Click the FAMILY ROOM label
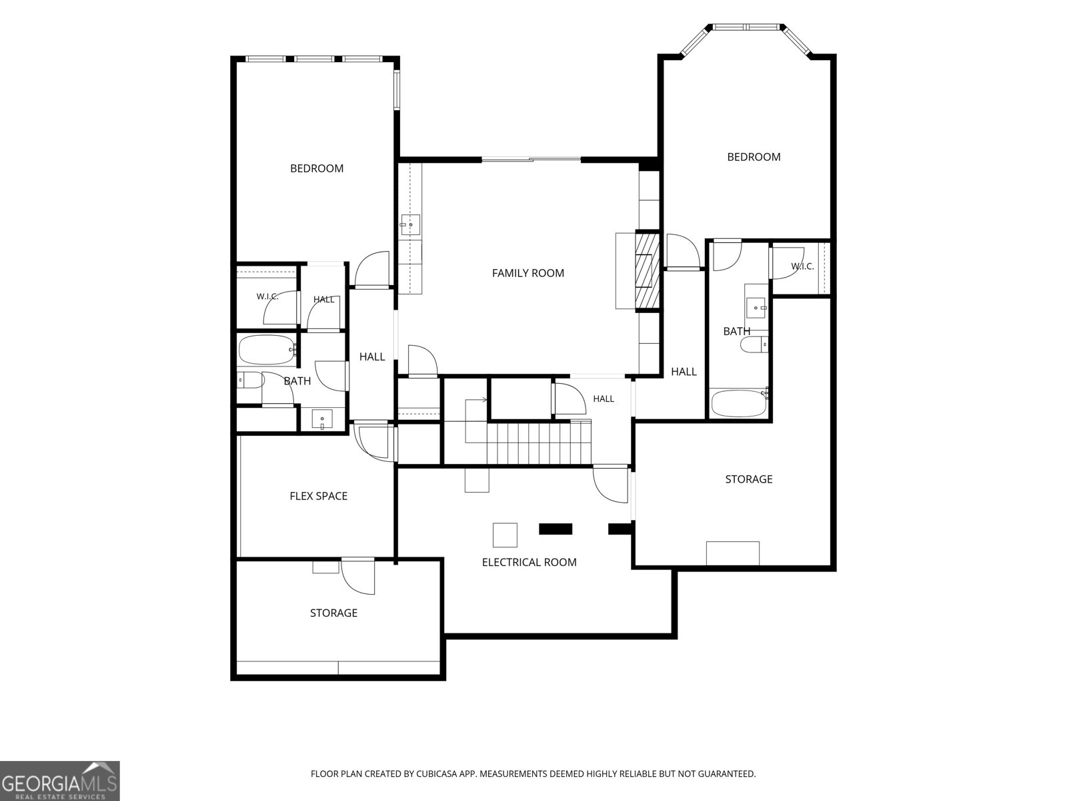click(x=528, y=273)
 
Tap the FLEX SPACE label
click(x=318, y=496)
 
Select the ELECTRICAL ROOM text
click(x=529, y=562)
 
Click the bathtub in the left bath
click(x=267, y=350)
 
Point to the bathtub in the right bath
click(x=739, y=403)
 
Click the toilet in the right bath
click(x=754, y=345)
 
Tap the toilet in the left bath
click(x=250, y=380)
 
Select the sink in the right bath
click(x=756, y=307)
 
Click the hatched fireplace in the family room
click(x=647, y=272)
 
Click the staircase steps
click(x=539, y=444)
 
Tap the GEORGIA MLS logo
click(x=60, y=781)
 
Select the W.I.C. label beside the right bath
click(x=802, y=266)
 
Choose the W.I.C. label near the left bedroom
click(x=267, y=296)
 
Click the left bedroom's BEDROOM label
click(x=317, y=169)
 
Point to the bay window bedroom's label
click(x=754, y=157)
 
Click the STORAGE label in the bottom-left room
click(x=333, y=613)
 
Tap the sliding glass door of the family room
click(x=531, y=159)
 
